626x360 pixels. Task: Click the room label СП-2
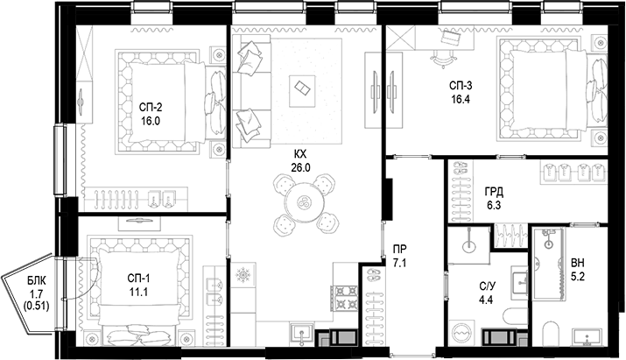tap(151, 107)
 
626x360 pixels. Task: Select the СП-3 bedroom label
tap(461, 86)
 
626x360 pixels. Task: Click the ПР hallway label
tap(399, 247)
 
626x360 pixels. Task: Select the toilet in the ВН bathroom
tap(550, 332)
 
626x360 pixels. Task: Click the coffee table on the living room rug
tap(302, 87)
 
